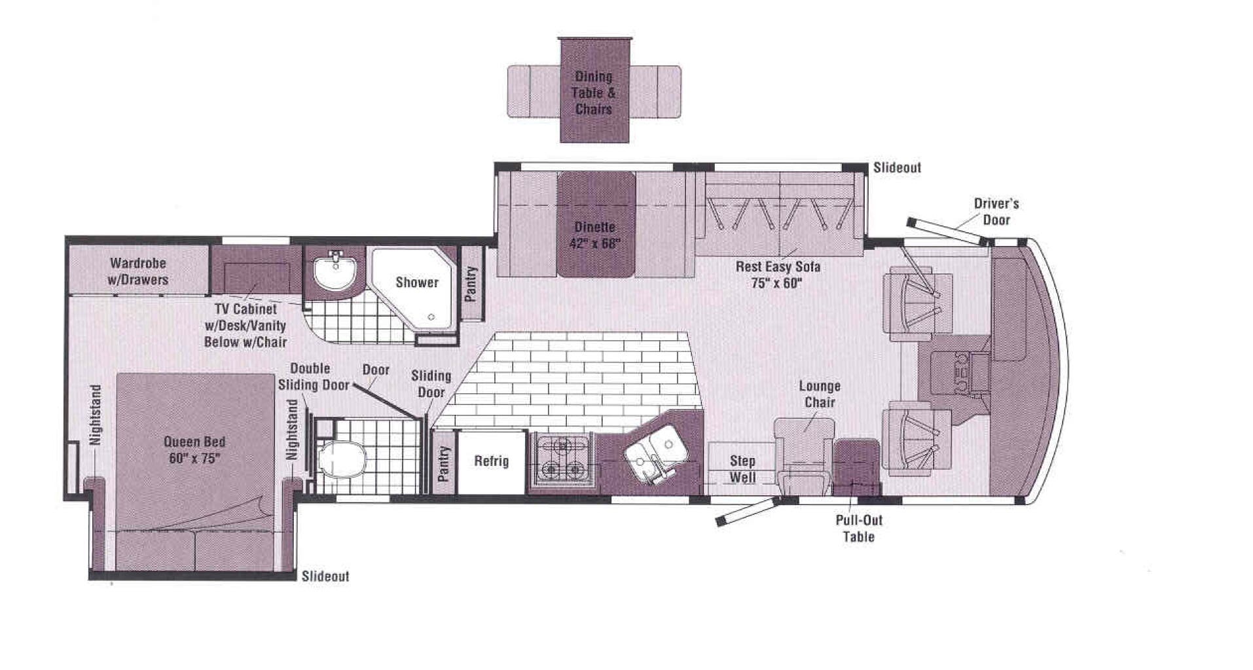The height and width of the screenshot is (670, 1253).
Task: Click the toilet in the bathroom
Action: [x=341, y=459]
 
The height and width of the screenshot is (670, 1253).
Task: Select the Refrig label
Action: [x=491, y=461]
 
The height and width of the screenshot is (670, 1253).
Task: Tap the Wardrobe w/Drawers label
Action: [x=138, y=272]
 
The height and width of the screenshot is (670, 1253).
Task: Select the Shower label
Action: [x=417, y=283]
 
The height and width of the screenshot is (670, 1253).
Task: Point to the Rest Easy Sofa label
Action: [x=778, y=266]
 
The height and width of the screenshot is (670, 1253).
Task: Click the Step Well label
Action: [x=742, y=469]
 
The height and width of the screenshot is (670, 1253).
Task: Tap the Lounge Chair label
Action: [x=820, y=394]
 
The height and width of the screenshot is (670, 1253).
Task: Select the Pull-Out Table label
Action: [x=859, y=529]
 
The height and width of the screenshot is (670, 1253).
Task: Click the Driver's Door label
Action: [x=996, y=211]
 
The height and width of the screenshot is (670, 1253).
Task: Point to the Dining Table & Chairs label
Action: [x=594, y=93]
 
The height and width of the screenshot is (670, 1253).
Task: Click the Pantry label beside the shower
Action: [x=471, y=284]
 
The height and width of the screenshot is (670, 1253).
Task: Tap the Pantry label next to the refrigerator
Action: [x=444, y=463]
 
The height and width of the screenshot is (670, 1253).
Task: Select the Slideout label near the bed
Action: [x=325, y=576]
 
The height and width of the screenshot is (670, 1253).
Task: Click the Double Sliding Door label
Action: [x=314, y=377]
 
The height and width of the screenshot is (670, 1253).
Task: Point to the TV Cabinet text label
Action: [x=245, y=309]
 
